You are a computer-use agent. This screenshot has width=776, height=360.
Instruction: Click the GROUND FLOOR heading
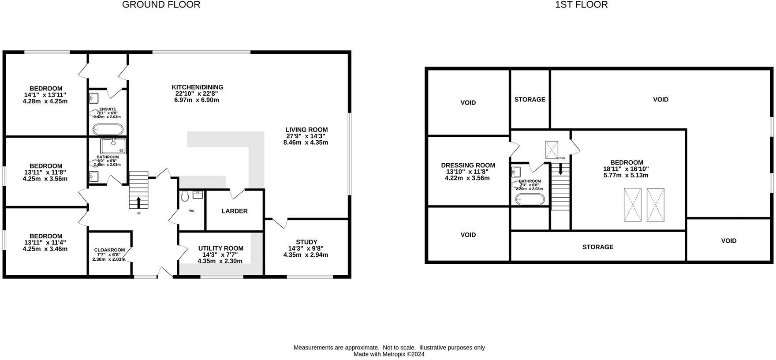(x=161, y=5)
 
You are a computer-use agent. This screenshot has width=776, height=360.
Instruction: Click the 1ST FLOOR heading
(x=581, y=5)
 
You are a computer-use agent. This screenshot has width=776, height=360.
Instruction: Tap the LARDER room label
(x=234, y=211)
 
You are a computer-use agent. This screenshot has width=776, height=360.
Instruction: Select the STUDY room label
(x=306, y=242)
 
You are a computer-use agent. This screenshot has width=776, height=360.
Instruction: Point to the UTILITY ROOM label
(x=220, y=248)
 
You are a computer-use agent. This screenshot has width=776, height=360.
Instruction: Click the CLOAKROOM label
(x=109, y=250)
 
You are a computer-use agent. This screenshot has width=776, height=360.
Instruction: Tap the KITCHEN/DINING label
(x=197, y=87)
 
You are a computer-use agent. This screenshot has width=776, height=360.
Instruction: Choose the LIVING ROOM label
(x=306, y=130)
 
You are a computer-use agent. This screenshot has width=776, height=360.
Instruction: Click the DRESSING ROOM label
(x=468, y=165)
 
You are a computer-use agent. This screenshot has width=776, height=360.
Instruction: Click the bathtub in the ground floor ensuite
(x=108, y=129)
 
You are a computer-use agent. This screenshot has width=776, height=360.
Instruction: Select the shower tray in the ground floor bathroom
(x=113, y=146)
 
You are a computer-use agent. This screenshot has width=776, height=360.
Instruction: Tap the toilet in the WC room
(x=185, y=196)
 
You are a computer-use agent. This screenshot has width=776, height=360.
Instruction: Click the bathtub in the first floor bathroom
(x=530, y=199)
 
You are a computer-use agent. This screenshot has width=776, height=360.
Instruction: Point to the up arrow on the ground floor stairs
(x=138, y=202)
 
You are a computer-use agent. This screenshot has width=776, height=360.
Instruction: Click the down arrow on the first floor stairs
(x=560, y=169)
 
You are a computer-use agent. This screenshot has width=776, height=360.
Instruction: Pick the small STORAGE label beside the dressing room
(x=530, y=100)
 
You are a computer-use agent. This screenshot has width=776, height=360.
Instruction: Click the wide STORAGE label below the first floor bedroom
(x=597, y=247)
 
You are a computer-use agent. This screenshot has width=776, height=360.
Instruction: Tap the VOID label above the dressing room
(x=468, y=103)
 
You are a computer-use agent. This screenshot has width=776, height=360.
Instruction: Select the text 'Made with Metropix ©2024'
(x=389, y=354)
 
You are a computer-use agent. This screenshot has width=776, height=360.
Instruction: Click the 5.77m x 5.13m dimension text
(x=626, y=175)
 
